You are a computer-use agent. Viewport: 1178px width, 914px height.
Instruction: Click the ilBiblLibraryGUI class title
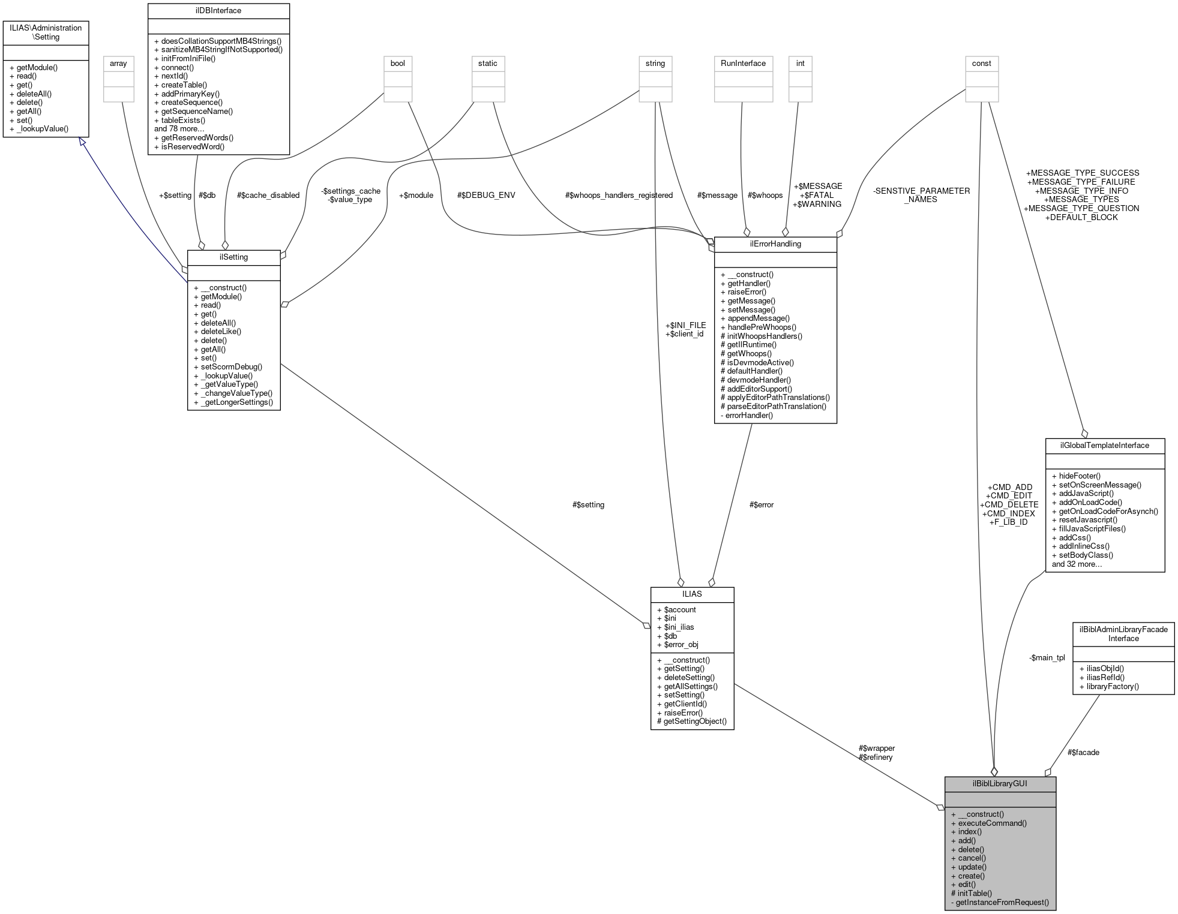(x=1000, y=783)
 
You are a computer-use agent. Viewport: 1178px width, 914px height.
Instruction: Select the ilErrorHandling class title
(x=775, y=243)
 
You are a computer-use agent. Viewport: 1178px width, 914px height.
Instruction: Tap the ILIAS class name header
(x=692, y=594)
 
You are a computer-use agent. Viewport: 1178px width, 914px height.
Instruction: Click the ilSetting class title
(x=233, y=257)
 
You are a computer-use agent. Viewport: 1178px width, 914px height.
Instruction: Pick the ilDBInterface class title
(x=218, y=10)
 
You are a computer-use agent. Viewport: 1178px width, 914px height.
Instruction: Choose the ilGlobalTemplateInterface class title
(x=1104, y=445)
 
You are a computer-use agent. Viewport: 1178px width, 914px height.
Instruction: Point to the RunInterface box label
(x=743, y=63)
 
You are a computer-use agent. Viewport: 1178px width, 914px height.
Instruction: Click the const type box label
(x=981, y=63)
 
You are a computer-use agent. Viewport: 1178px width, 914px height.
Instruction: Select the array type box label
(x=118, y=63)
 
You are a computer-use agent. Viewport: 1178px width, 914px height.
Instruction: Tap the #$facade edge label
(x=1083, y=752)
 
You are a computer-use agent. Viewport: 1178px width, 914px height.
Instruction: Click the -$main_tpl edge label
(x=1047, y=657)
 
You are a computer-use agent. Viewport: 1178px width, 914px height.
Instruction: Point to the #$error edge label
(x=762, y=504)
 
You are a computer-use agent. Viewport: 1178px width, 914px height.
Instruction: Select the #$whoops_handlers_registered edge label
(x=619, y=195)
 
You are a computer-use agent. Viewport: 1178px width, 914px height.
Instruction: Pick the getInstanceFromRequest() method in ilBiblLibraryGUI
(x=1002, y=902)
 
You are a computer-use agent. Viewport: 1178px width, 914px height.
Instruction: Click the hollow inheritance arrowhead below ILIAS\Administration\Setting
(x=82, y=142)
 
